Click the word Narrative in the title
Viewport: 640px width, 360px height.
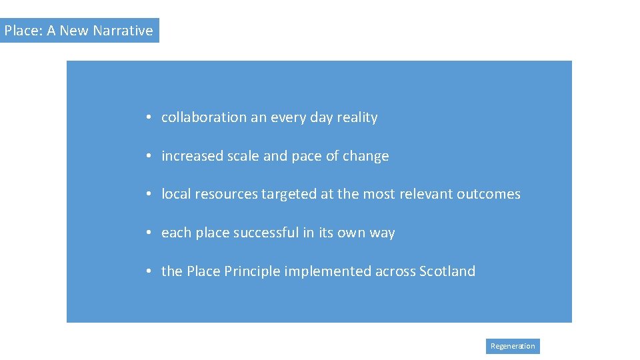point(123,31)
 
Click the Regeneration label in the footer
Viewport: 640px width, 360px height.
point(513,346)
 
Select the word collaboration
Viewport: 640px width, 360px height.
point(204,117)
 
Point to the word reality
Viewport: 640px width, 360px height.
point(357,117)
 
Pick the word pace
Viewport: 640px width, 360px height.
point(306,156)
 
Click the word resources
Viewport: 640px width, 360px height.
point(225,194)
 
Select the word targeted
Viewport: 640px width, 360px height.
point(289,194)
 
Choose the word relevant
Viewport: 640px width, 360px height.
point(425,194)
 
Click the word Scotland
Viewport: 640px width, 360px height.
point(447,271)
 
